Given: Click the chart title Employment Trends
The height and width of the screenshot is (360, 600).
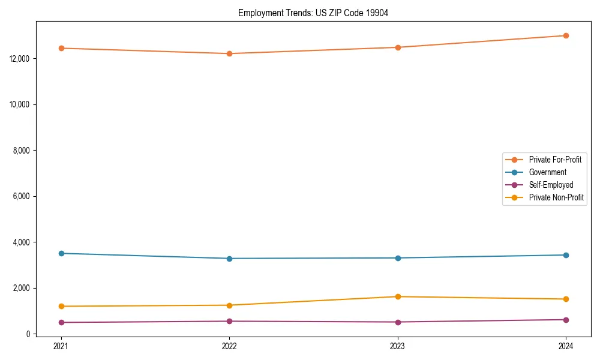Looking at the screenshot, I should pyautogui.click(x=313, y=13).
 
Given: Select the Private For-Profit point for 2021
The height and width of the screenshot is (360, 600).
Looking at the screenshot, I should pyautogui.click(x=61, y=48).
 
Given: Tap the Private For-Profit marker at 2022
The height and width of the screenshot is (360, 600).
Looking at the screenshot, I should pyautogui.click(x=229, y=53).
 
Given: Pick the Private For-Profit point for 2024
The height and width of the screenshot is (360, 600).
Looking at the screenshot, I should pyautogui.click(x=566, y=35).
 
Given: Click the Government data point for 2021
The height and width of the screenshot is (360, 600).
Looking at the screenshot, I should pyautogui.click(x=61, y=253).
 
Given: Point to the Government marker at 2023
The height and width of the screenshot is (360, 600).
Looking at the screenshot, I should pyautogui.click(x=398, y=258).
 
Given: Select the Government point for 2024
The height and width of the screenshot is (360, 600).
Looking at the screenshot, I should pyautogui.click(x=566, y=255).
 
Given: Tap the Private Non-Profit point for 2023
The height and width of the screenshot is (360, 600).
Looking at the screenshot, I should pyautogui.click(x=398, y=296).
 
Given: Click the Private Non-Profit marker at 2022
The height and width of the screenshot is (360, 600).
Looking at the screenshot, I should pyautogui.click(x=229, y=305).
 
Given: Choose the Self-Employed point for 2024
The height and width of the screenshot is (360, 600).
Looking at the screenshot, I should pyautogui.click(x=566, y=320).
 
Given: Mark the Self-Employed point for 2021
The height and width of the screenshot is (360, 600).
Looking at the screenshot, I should pyautogui.click(x=61, y=322).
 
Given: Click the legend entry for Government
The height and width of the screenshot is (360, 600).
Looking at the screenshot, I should pyautogui.click(x=547, y=172).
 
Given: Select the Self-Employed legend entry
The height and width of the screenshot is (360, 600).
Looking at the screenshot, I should pyautogui.click(x=551, y=185).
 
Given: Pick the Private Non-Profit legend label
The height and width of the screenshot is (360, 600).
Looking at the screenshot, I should pyautogui.click(x=556, y=197).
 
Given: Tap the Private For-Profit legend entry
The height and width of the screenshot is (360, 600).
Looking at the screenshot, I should pyautogui.click(x=555, y=160).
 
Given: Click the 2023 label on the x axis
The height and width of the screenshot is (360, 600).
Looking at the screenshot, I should pyautogui.click(x=398, y=346).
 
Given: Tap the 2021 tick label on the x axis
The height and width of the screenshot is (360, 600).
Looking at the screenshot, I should pyautogui.click(x=61, y=346).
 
